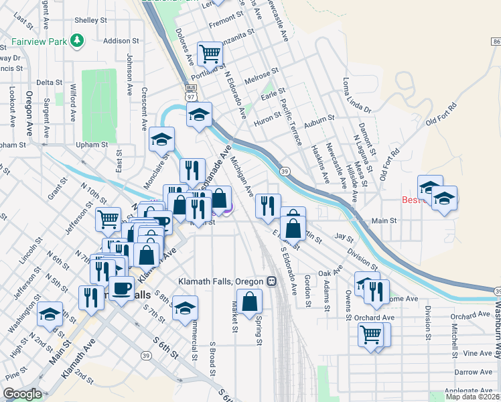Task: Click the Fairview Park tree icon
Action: [x=78, y=41]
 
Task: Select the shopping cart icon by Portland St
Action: [x=210, y=53]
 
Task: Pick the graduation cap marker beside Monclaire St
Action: [x=161, y=139]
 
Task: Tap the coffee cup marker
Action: [x=121, y=289]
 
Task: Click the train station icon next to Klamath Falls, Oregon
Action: [x=272, y=281]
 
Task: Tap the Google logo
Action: [x=22, y=394]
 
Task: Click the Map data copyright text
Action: [x=473, y=396]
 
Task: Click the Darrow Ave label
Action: [x=472, y=371]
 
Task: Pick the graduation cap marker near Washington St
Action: [x=50, y=313]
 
